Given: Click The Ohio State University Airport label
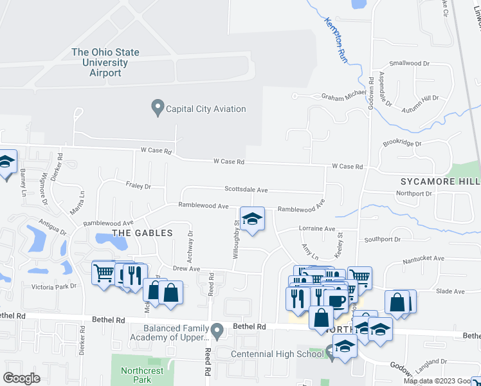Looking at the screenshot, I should tap(105, 62).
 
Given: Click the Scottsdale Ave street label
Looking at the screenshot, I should tap(246, 190).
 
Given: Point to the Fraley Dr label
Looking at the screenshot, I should tap(138, 186).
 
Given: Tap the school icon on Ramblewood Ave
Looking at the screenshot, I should tap(253, 219).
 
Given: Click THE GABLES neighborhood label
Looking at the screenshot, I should tap(143, 233).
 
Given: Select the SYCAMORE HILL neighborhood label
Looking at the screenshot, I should tap(440, 181).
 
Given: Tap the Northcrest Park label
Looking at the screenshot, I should tap(136, 375).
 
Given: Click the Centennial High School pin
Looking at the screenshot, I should tap(331, 351).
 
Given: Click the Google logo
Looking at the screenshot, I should tap(21, 378).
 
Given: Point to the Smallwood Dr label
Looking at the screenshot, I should tap(410, 64).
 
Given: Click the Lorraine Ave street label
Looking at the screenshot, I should tap(317, 228).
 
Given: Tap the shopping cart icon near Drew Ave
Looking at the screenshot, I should tap(104, 273).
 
